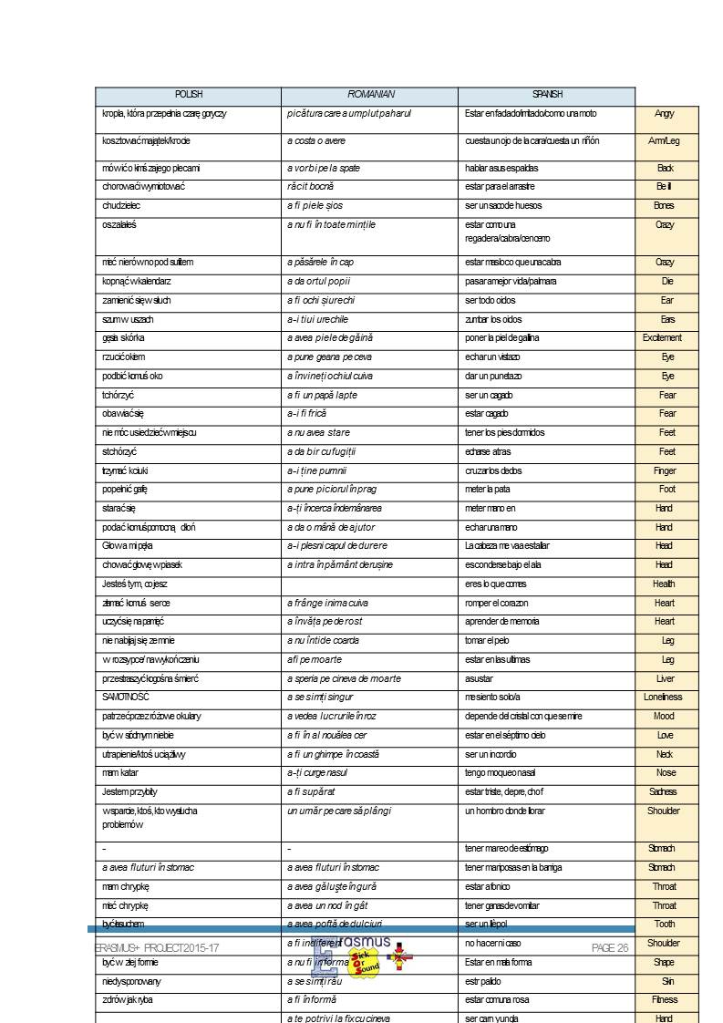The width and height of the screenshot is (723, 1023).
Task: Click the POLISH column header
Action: [x=189, y=95]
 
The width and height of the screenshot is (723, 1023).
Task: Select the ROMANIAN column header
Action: [x=370, y=95]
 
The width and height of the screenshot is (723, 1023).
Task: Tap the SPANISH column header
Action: [x=547, y=95]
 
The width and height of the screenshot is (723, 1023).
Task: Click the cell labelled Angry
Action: [x=665, y=114]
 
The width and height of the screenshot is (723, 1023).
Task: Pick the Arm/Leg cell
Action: [x=664, y=141]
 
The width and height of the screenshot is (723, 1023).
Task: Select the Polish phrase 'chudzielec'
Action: [x=121, y=206]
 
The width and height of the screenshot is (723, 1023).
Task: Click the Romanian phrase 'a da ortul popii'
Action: [x=319, y=282]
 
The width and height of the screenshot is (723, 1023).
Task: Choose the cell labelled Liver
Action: [x=666, y=679]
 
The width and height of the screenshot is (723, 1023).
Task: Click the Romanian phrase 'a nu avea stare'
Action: [x=318, y=433]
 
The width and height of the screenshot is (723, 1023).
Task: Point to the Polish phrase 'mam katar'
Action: [x=120, y=773]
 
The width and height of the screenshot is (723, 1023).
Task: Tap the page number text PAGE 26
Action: [x=610, y=948]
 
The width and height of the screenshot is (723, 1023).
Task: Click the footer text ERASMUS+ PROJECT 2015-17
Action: [x=157, y=948]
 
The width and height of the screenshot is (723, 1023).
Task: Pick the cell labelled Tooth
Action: [x=665, y=925]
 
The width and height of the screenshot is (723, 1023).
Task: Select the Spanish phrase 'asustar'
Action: [x=480, y=679]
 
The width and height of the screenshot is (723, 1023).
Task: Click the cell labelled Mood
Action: [x=665, y=717]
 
